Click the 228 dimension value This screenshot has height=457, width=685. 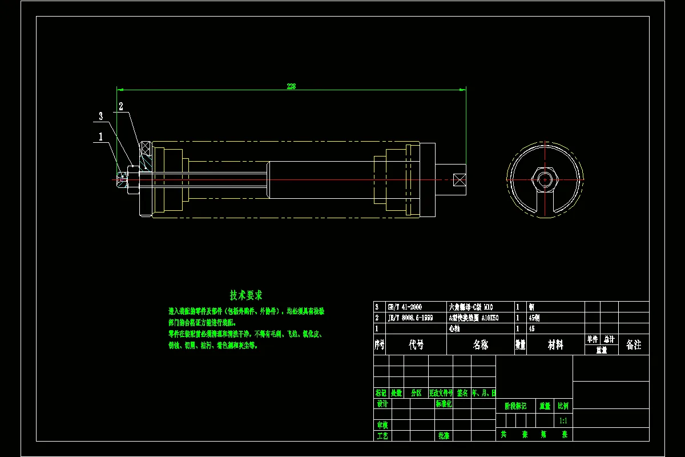pyautogui.click(x=291, y=86)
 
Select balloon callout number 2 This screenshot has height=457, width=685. pyautogui.click(x=121, y=106)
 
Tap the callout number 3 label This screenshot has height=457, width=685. pyautogui.click(x=101, y=116)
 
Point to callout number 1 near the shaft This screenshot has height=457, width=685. pyautogui.click(x=101, y=137)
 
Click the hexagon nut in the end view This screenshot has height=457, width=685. pyautogui.click(x=545, y=179)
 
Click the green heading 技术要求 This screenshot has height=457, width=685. pyautogui.click(x=246, y=295)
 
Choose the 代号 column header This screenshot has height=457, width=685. pyautogui.click(x=416, y=344)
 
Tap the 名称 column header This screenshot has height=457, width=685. pyautogui.click(x=480, y=344)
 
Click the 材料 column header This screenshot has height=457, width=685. pyautogui.click(x=555, y=344)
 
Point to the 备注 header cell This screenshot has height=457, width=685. pyautogui.click(x=634, y=344)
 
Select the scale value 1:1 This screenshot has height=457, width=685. pyautogui.click(x=563, y=420)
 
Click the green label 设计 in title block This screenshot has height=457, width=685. pyautogui.click(x=382, y=404)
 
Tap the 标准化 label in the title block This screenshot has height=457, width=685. pyautogui.click(x=444, y=404)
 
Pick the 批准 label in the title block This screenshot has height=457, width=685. pyautogui.click(x=444, y=435)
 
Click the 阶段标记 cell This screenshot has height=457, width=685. pyautogui.click(x=516, y=406)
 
